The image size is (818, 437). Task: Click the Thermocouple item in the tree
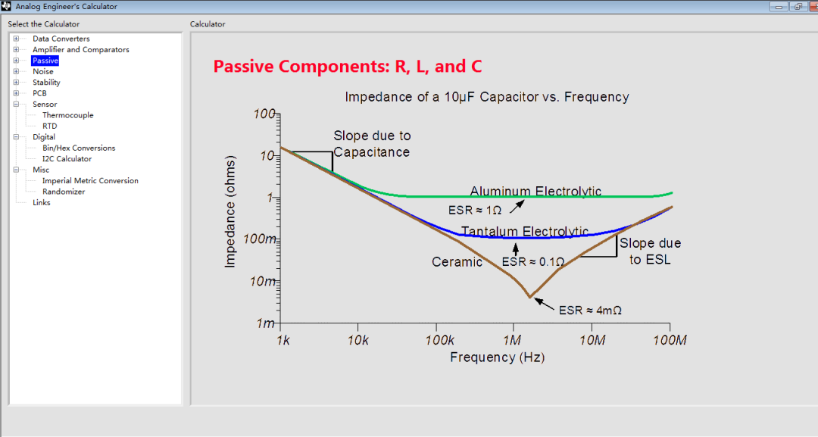68,115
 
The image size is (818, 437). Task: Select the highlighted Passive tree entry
45,61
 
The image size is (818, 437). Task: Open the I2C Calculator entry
67,159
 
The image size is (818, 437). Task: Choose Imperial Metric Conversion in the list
90,181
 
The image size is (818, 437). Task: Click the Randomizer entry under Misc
64,192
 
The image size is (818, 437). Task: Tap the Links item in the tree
41,203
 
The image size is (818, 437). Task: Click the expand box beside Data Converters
16,39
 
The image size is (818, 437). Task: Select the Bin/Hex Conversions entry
79,148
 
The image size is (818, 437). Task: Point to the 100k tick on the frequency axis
440,341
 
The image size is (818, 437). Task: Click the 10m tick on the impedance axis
263,282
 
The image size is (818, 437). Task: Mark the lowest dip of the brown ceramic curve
530,297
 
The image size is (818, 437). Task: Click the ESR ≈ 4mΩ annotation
590,311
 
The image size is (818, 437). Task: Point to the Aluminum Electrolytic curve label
535,192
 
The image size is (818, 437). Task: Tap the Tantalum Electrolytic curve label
525,232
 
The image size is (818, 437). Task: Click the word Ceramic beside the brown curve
457,262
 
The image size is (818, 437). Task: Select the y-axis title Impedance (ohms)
230,212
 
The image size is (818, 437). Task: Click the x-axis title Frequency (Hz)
497,357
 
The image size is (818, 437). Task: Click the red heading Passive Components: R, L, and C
348,67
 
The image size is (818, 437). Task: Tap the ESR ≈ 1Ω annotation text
475,210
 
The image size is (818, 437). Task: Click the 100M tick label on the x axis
670,341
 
